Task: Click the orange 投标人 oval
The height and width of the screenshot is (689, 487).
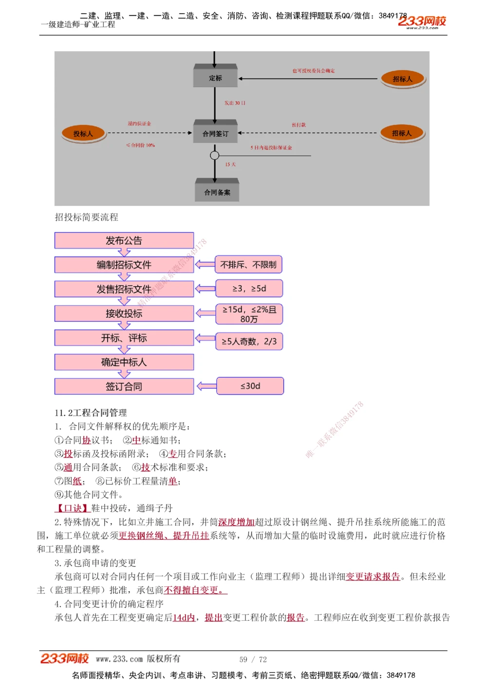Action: click(x=83, y=133)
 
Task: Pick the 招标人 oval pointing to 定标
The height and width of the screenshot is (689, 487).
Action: click(x=402, y=78)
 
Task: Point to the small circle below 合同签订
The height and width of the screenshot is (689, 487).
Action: click(x=215, y=156)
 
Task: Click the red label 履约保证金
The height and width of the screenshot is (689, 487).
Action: click(x=139, y=124)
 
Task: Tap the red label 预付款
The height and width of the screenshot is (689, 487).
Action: click(x=299, y=125)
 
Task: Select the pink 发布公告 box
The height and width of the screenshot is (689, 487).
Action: click(x=124, y=241)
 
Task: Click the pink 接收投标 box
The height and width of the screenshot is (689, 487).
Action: click(x=124, y=314)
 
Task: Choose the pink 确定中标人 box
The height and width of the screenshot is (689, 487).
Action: click(x=124, y=362)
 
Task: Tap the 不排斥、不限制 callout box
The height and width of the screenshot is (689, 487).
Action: click(x=248, y=265)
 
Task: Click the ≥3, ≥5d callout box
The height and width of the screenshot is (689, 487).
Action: click(x=249, y=289)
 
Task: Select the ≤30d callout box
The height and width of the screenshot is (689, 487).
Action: click(x=250, y=386)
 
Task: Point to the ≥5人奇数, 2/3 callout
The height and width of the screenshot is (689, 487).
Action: click(x=249, y=341)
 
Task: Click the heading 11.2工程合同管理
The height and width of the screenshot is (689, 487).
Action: click(x=91, y=413)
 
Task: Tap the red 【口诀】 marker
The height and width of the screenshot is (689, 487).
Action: click(x=72, y=508)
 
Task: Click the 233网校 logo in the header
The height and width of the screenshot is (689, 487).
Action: click(x=422, y=21)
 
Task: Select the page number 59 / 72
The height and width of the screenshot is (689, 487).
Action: click(x=253, y=659)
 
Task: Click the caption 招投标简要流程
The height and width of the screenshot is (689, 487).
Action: click(x=87, y=217)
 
